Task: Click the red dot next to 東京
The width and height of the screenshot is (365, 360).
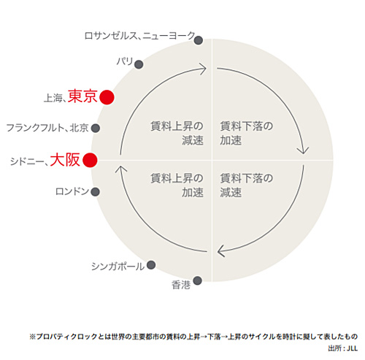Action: click(107, 97)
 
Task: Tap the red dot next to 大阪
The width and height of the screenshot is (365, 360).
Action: click(90, 160)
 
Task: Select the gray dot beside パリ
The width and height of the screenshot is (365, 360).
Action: click(139, 64)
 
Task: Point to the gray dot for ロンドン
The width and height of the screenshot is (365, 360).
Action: click(96, 192)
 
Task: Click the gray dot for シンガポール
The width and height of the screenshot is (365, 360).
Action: click(151, 265)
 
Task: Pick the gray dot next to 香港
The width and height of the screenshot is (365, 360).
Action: click(197, 280)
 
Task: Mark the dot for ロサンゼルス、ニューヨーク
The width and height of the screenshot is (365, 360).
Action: click(199, 40)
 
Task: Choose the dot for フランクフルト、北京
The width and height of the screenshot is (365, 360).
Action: click(96, 128)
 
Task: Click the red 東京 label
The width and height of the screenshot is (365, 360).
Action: click(82, 96)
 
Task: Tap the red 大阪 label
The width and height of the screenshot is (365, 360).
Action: click(65, 160)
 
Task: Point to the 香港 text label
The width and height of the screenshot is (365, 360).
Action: click(181, 285)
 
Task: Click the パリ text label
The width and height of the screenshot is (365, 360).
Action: click(125, 61)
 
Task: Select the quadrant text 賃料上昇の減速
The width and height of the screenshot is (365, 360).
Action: click(177, 133)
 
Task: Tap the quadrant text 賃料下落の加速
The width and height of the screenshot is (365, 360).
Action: click(246, 133)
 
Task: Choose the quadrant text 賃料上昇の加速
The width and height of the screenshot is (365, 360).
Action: click(177, 185)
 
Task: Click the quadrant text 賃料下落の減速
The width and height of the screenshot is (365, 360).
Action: click(246, 185)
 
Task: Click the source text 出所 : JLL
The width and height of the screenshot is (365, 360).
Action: click(343, 348)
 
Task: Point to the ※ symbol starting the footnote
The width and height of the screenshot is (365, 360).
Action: click(33, 337)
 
